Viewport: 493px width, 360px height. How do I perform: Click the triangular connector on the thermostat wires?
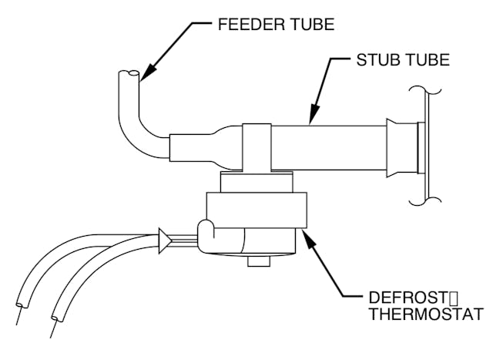click(x=163, y=241)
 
